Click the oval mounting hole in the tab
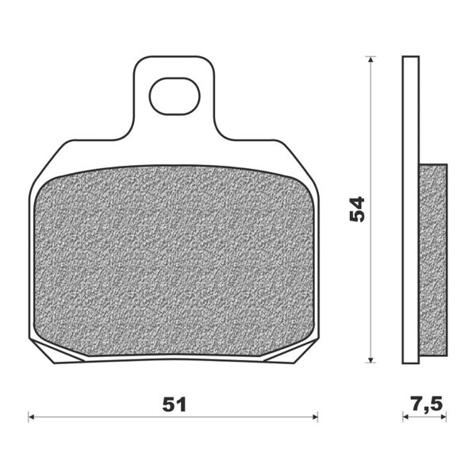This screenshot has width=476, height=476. click(x=173, y=95)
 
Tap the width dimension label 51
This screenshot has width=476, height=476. click(x=174, y=404)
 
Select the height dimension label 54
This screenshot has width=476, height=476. click(x=358, y=209)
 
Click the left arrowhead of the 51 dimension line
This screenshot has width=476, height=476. click(x=33, y=415)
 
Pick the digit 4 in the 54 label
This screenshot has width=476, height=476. click(x=358, y=202)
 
